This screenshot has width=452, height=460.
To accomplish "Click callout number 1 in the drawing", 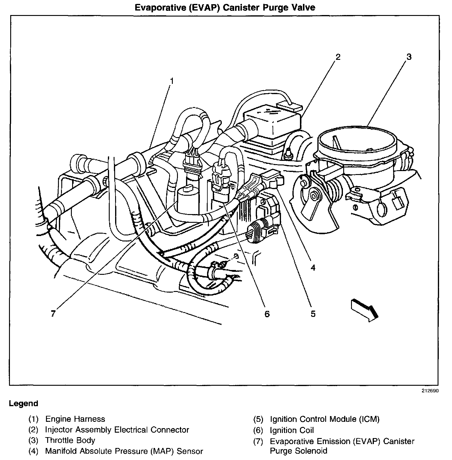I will pyautogui.click(x=172, y=81).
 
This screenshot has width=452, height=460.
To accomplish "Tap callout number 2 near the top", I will pyautogui.click(x=338, y=57).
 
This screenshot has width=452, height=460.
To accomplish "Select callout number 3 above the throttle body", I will pyautogui.click(x=409, y=57).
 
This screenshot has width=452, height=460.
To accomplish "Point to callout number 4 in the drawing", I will pyautogui.click(x=313, y=267).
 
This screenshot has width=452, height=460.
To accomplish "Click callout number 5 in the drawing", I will pyautogui.click(x=313, y=314).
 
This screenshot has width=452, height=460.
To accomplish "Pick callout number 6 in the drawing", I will pyautogui.click(x=267, y=314).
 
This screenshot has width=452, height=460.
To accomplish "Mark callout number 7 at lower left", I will pyautogui.click(x=53, y=314).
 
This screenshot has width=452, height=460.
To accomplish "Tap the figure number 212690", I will pyautogui.click(x=430, y=391).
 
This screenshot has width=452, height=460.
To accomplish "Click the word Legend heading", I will pyautogui.click(x=23, y=403).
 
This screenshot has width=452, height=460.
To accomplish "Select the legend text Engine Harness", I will pyautogui.click(x=75, y=419).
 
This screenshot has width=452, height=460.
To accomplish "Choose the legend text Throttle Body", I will pyautogui.click(x=70, y=440).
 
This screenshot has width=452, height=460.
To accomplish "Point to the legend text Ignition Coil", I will pyautogui.click(x=292, y=430).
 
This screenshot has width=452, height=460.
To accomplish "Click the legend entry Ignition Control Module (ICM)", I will pyautogui.click(x=325, y=419).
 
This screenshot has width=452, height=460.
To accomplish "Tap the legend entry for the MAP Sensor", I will pyautogui.click(x=124, y=451).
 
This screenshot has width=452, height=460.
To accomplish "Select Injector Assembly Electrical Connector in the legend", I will pyautogui.click(x=117, y=430).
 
